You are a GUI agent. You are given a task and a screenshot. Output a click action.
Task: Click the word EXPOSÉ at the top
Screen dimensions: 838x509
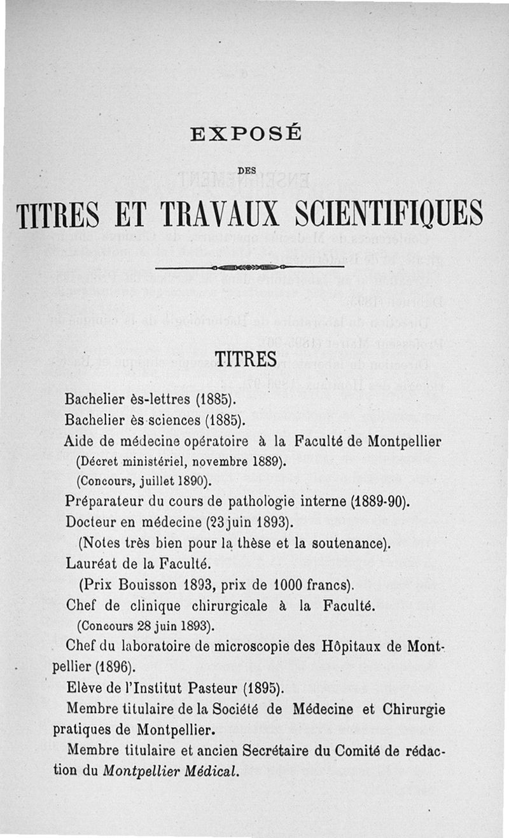tap(246, 134)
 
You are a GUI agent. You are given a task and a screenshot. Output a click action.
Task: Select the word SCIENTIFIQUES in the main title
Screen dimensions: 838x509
tap(389, 216)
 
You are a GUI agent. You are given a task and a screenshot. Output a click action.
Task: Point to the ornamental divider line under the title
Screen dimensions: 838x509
tap(249, 267)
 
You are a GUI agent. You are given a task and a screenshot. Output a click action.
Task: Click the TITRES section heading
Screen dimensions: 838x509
tap(247, 359)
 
